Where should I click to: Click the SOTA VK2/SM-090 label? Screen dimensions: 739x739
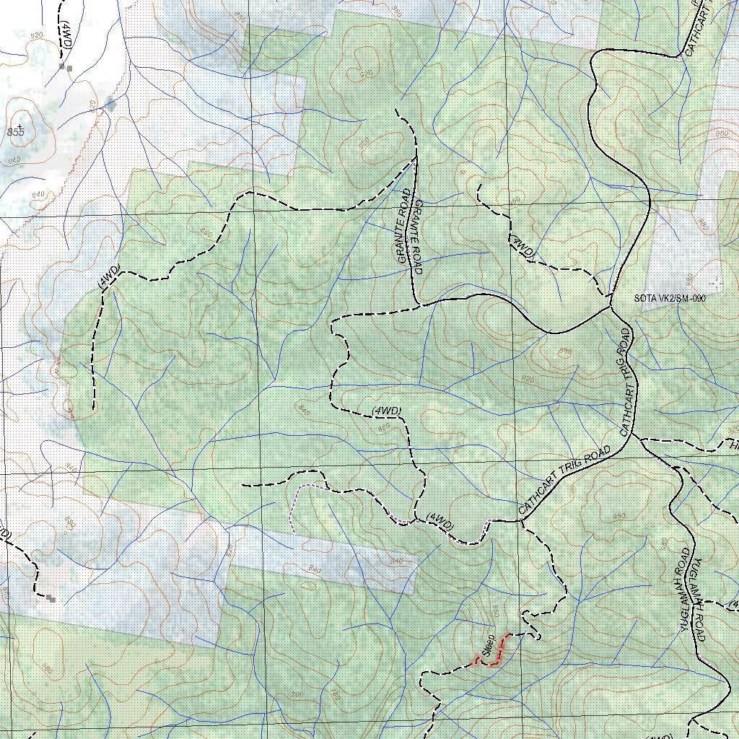coord(669,298)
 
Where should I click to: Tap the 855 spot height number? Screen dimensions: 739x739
coord(15,132)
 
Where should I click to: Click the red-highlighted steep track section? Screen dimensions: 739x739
coord(498,650)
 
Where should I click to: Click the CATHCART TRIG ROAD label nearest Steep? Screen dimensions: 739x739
coord(564,479)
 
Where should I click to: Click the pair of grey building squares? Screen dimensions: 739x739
coord(66,67)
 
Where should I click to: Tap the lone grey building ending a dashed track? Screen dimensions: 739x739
coord(51,598)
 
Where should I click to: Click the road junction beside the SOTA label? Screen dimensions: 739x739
coord(611,306)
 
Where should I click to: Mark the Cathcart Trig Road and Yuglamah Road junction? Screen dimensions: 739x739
coord(637,437)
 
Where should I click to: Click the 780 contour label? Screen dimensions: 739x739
coord(334,696)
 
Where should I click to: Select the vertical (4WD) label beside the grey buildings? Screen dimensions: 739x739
coord(65,35)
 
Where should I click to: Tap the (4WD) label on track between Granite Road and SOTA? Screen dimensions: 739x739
coord(522,245)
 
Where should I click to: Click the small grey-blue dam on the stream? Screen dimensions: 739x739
coord(110,103)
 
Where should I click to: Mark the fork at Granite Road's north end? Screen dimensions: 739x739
coord(416,157)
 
